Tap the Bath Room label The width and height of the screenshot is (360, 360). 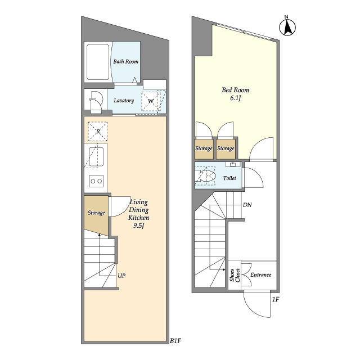(126, 61)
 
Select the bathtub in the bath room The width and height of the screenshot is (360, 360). (98, 62)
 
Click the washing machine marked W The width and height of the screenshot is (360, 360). (150, 101)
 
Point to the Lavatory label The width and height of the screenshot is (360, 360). (124, 101)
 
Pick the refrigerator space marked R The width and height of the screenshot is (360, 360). (98, 131)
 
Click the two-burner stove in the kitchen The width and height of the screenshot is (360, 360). (96, 181)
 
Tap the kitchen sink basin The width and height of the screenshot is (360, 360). (96, 157)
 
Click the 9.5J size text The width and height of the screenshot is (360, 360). (139, 226)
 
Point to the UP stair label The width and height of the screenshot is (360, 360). (121, 276)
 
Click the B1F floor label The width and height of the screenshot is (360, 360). (175, 341)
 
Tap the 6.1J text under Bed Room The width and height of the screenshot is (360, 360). (236, 98)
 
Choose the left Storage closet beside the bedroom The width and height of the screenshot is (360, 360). (204, 149)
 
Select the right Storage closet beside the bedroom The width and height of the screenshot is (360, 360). (226, 149)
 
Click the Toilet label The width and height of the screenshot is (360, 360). (229, 178)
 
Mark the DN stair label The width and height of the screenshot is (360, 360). (247, 205)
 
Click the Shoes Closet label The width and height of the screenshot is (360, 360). (235, 275)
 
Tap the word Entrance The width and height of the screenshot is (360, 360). (261, 275)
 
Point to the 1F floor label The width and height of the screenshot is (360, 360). (275, 299)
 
